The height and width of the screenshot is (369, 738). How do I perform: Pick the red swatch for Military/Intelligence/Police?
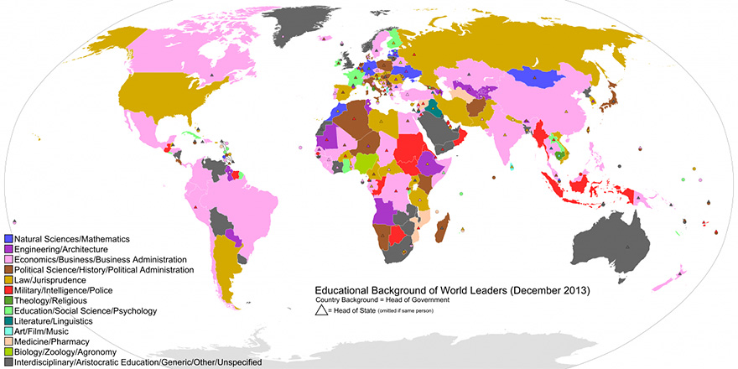[x=8, y=290]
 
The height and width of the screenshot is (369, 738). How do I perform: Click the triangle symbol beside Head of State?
[x=322, y=312]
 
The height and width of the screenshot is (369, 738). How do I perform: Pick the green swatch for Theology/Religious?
[x=8, y=300]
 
